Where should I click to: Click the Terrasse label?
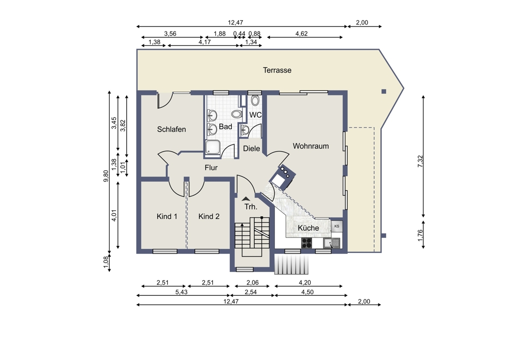[277, 70]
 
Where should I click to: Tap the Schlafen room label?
[171, 129]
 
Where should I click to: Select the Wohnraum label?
[311, 146]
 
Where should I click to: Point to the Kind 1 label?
[167, 216]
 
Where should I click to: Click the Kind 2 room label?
[209, 216]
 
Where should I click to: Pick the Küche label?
[308, 227]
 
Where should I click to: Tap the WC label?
[255, 115]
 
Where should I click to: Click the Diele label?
[252, 148]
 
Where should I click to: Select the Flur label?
[211, 167]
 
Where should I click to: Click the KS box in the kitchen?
[337, 226]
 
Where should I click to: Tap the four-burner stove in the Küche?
[307, 243]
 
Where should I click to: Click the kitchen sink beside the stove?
[332, 243]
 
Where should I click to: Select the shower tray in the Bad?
[213, 147]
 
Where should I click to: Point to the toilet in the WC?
[255, 100]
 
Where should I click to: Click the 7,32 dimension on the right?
[420, 162]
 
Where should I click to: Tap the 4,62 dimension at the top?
[301, 34]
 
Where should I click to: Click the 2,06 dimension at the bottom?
[253, 282]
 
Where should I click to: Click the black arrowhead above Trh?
[246, 198]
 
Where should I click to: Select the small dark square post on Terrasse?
[384, 91]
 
